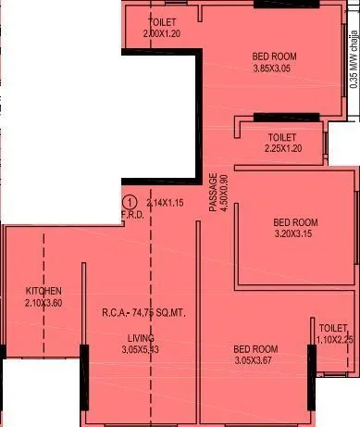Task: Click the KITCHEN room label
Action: pos(43,292)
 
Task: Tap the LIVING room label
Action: pos(142,338)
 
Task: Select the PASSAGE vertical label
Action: pos(211,193)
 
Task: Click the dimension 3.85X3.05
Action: pos(275,69)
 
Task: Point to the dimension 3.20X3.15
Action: pos(295,235)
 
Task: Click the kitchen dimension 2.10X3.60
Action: pos(44,303)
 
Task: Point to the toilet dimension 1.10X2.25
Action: pos(334,340)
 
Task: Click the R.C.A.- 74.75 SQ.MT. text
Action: pos(144,313)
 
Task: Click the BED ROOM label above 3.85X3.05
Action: pos(275,57)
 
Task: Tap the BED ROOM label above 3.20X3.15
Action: pos(295,223)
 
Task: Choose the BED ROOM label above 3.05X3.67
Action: pos(256,348)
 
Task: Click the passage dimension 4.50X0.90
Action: pos(223,193)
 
